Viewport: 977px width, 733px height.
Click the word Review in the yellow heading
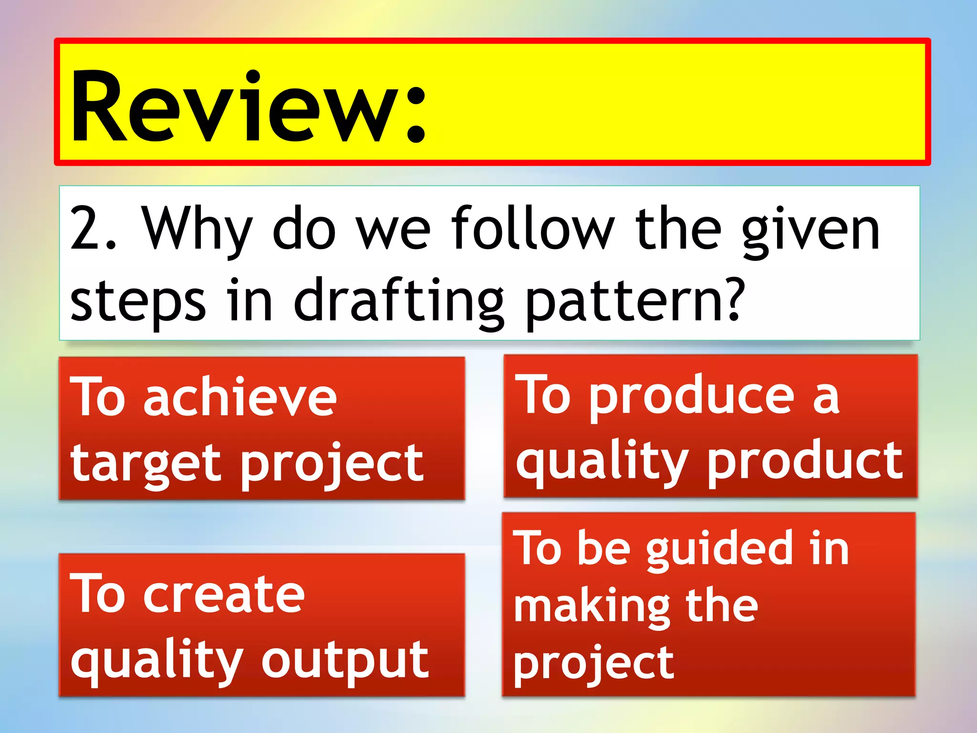[234, 107]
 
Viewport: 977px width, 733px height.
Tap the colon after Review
[416, 115]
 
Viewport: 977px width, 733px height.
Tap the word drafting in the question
[398, 301]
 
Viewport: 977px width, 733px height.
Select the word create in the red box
[224, 595]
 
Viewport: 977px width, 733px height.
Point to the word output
[345, 660]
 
